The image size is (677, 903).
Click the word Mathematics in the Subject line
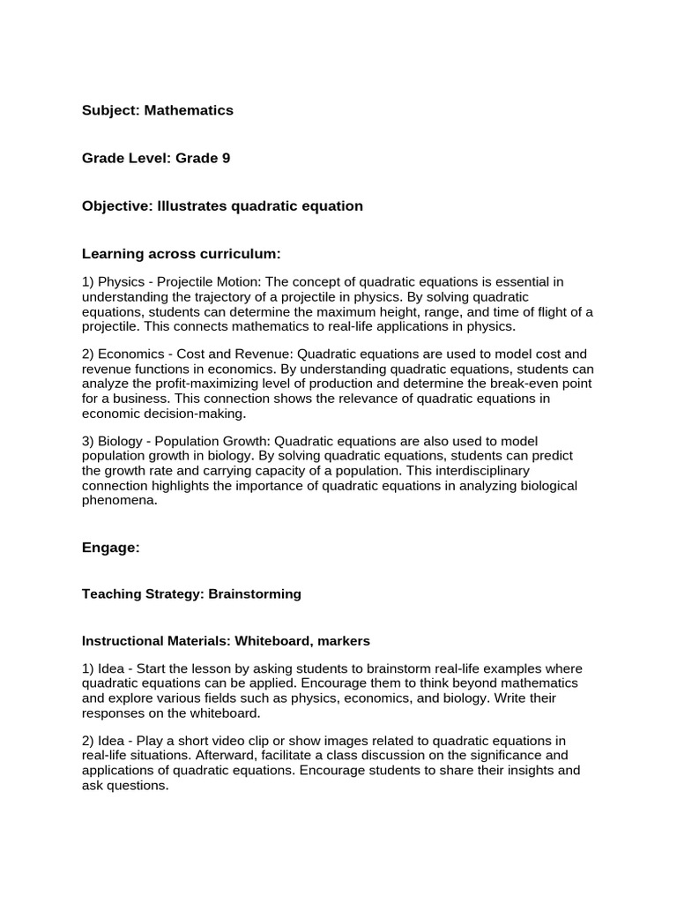coord(189,110)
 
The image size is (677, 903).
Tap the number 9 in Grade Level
coord(227,158)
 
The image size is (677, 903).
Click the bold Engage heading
coord(111,548)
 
